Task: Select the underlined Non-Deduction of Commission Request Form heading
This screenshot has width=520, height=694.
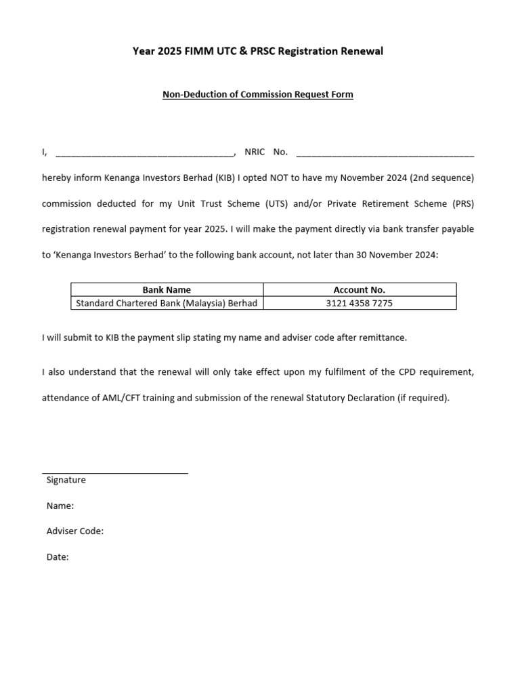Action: [x=257, y=94]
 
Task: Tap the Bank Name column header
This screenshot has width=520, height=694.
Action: [x=167, y=289]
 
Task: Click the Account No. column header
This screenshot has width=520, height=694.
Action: [x=359, y=289]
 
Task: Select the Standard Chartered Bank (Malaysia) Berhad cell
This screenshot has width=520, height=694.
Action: [x=167, y=303]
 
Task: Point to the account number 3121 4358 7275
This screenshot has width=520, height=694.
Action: [x=359, y=303]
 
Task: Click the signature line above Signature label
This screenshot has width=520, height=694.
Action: [x=115, y=472]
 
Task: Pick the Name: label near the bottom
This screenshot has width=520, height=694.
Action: [x=60, y=506]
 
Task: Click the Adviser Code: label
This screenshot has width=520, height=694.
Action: [x=74, y=531]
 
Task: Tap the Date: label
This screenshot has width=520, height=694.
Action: [x=58, y=557]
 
